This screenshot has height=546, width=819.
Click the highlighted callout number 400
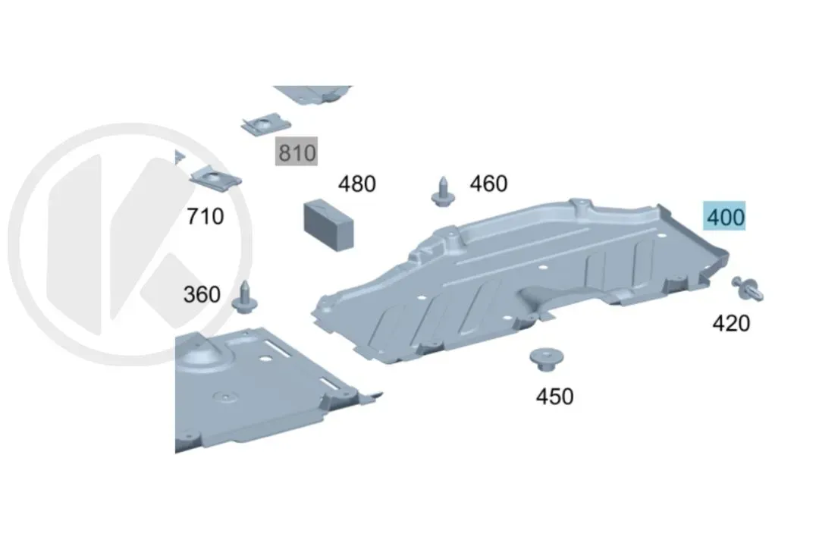pos(724,216)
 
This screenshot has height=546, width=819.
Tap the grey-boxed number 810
pos(297,152)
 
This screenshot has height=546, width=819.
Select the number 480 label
pos(356,184)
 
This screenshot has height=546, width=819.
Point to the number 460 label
pos(488,184)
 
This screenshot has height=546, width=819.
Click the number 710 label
pos(206,216)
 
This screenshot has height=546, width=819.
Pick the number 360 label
pos(202,295)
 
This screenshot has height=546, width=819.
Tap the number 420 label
pos(731,323)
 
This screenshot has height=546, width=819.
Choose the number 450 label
pos(554,397)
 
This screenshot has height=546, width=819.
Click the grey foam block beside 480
pos(328,224)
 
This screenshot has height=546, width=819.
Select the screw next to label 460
pos(443,193)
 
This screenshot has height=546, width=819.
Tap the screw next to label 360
pos(244,298)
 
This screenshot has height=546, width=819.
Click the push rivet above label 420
pos(748,289)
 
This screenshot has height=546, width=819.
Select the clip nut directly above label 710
pos(215,177)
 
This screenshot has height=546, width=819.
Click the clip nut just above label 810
pos(266,125)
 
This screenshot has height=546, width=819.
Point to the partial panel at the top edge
pos(312,94)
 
